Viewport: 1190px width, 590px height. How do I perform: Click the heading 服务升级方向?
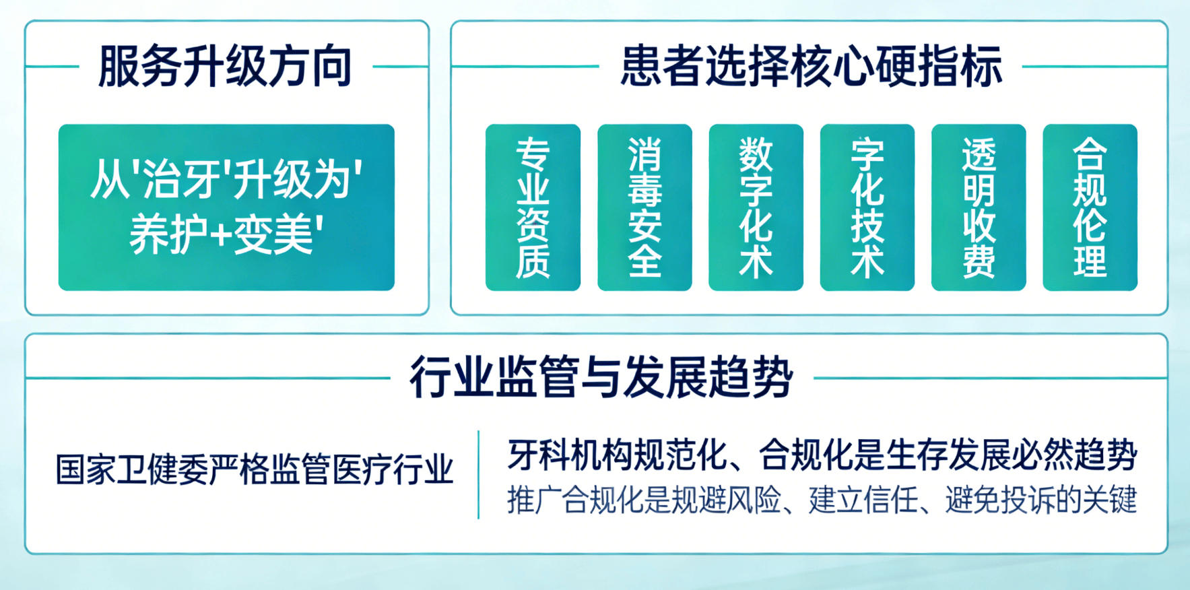(225, 67)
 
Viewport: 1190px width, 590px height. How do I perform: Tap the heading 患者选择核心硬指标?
(811, 67)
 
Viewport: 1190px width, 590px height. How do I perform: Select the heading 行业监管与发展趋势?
(601, 377)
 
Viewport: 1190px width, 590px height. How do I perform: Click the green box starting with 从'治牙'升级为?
(226, 207)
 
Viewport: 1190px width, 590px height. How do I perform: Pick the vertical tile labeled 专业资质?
(533, 207)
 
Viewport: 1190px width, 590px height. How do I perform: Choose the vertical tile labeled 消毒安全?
(644, 207)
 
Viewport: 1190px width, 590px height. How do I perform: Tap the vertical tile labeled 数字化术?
(756, 207)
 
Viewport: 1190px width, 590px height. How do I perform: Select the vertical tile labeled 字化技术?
(867, 207)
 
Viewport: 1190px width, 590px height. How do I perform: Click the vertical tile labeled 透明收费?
(979, 207)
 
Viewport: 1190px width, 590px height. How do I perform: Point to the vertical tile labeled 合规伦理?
(1090, 207)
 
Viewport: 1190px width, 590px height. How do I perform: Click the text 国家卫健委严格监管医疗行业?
(255, 469)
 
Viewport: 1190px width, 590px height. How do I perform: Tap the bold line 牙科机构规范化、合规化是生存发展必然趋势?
(822, 455)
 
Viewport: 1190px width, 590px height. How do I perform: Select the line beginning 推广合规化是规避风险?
(822, 500)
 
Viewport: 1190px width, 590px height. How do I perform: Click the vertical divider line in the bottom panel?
(478, 475)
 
